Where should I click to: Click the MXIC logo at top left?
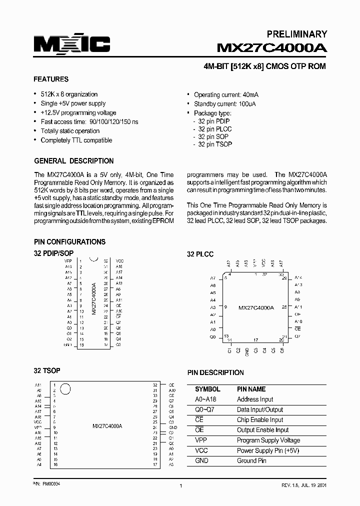pos(72,44)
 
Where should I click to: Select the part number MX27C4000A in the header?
pos(272,48)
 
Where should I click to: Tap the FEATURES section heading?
pos(51,79)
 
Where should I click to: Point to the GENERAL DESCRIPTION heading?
pos(73,161)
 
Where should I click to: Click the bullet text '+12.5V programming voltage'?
pos(78,112)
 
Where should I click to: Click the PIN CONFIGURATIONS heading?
pos(69,242)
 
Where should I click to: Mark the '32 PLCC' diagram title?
pos(200,254)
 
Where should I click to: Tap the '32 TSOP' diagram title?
pos(47,370)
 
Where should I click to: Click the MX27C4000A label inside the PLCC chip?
pos(256,308)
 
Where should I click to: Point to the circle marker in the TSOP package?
pos(65,388)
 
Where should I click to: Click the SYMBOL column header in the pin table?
pos(207,389)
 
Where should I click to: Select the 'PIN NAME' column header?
pos(251,389)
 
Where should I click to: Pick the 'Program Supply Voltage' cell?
pos(268,440)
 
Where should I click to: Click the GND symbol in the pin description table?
pos(201,461)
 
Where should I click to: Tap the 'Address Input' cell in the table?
pos(255,399)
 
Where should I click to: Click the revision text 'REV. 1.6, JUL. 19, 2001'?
pos(298,485)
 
